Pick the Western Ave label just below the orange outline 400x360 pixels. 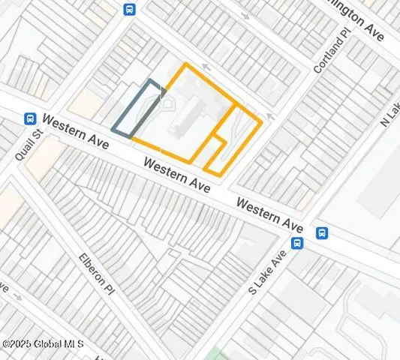coord(177,174)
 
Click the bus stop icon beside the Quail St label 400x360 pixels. coord(30,118)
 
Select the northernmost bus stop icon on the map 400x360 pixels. coord(129,9)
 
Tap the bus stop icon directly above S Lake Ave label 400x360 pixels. coord(296,243)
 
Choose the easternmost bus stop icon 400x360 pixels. coord(321,232)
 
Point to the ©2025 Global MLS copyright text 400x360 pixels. coord(43,343)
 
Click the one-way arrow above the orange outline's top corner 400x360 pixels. coord(205,67)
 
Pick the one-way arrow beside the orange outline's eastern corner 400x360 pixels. coord(269,116)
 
